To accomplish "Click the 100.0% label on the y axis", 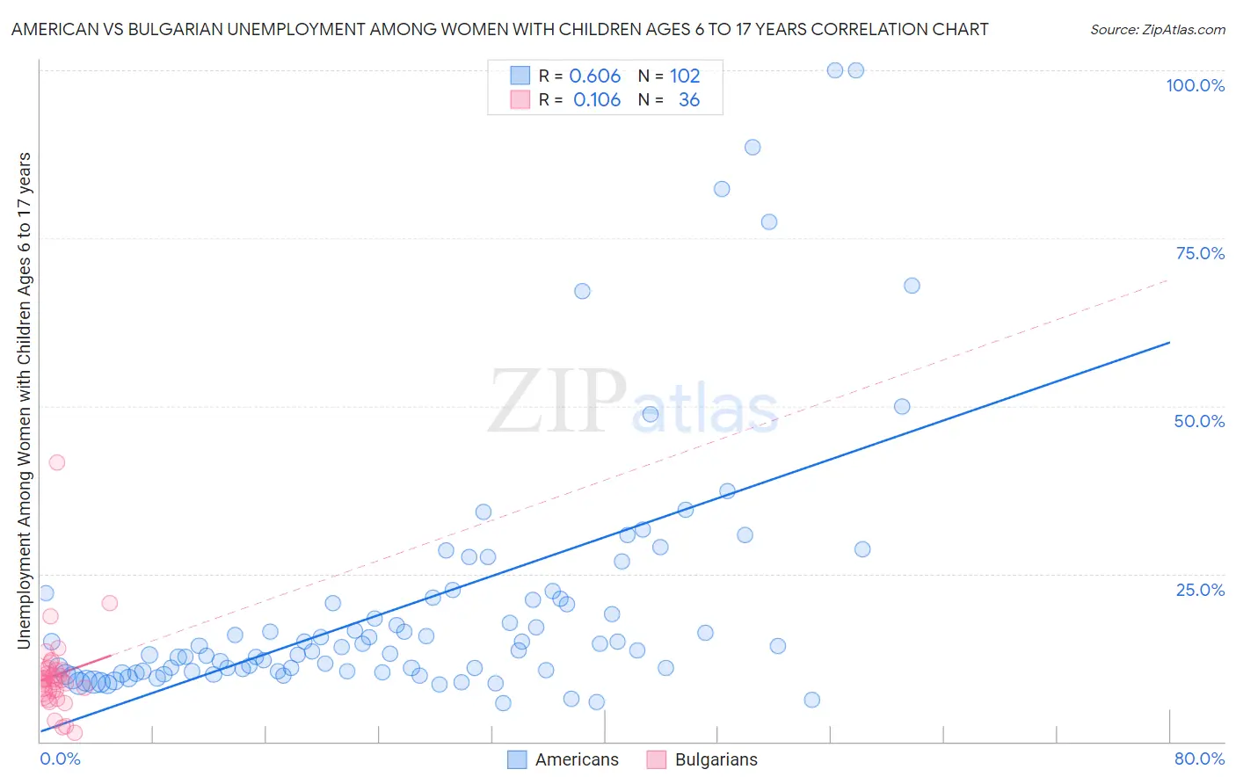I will tap(1195, 85).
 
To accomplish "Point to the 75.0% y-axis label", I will tap(1200, 253).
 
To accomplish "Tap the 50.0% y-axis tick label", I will tap(1199, 421).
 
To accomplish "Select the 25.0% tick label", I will tap(1200, 589).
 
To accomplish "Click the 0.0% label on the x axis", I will tap(60, 759).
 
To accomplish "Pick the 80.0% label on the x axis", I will tap(1199, 759).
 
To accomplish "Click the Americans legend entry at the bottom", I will tap(576, 759).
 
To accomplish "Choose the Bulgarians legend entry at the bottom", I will tap(716, 759).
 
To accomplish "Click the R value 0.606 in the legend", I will tap(595, 76).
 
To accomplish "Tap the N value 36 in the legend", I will tap(689, 100).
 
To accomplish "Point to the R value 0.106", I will tap(597, 100).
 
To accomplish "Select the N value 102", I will tap(685, 76).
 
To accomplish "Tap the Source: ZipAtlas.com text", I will tap(1157, 29).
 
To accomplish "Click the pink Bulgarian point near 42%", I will tap(57, 462).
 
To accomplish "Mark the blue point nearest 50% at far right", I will tap(902, 406).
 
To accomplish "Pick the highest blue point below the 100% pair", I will tap(753, 147).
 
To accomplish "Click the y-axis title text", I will tap(24, 400).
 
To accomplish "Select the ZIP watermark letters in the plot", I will tap(557, 402).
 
